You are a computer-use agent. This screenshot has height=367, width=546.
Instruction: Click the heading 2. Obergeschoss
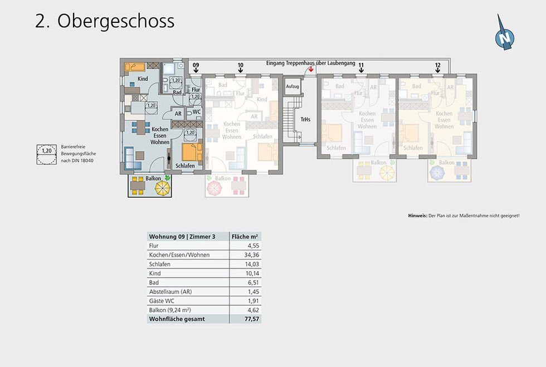(105, 21)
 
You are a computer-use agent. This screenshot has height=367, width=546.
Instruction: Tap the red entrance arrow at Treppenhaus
(310, 70)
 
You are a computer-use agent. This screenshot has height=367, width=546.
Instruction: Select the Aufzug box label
(292, 87)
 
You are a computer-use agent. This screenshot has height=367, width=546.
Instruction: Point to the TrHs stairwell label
(305, 120)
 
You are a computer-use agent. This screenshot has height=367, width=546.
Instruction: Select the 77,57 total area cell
(251, 319)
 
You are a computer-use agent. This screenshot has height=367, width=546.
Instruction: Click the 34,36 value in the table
(251, 255)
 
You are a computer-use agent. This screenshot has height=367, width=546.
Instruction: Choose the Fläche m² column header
(245, 236)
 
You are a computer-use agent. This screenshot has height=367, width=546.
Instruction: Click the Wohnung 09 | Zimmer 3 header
(182, 236)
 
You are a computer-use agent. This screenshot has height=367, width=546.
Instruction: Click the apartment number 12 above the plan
(438, 66)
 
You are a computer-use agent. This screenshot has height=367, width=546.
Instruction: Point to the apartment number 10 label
(240, 66)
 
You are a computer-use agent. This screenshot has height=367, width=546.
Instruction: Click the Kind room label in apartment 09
(143, 79)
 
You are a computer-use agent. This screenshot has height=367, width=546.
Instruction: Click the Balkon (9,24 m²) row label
(172, 310)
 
